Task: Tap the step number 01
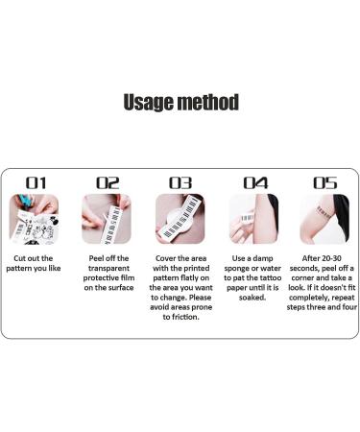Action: (x=36, y=183)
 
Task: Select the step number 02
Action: (x=108, y=183)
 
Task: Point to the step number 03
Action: (x=180, y=183)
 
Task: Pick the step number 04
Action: (x=255, y=183)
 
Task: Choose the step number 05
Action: (x=325, y=183)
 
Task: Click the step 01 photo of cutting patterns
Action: (x=34, y=219)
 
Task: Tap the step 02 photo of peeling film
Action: (x=107, y=219)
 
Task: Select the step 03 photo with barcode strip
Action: (x=180, y=219)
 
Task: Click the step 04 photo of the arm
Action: (x=253, y=219)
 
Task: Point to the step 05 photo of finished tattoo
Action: (x=324, y=219)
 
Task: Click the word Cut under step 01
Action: (x=19, y=258)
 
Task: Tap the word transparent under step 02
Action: (x=108, y=268)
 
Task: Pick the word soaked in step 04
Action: (x=252, y=298)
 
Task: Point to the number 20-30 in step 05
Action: (x=330, y=258)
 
